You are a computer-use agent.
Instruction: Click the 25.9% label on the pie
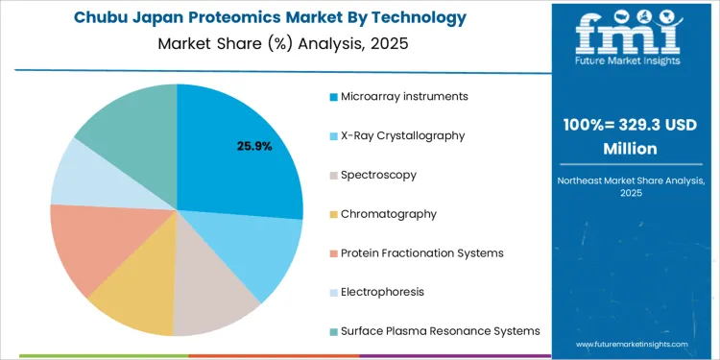pyautogui.click(x=254, y=147)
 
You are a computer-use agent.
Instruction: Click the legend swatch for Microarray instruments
pyautogui.click(x=333, y=97)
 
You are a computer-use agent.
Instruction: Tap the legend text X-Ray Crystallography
pyautogui.click(x=403, y=135)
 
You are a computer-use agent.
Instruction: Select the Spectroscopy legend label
pyautogui.click(x=379, y=175)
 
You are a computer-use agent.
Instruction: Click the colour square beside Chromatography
pyautogui.click(x=333, y=214)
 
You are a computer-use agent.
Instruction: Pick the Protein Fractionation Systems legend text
pyautogui.click(x=422, y=252)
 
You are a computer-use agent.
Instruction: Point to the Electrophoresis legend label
pyautogui.click(x=382, y=292)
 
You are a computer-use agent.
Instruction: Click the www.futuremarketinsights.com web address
pyautogui.click(x=633, y=343)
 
